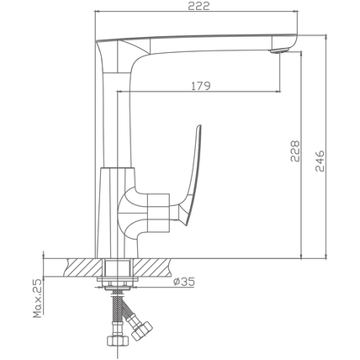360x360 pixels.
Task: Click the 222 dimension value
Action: [199, 6]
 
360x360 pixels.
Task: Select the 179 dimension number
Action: [201, 86]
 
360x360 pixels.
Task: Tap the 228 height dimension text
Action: [295, 151]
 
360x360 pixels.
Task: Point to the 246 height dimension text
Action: [320, 161]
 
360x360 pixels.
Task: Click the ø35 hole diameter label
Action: [184, 282]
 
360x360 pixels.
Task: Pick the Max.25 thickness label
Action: [37, 299]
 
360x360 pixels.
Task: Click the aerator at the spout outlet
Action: [278, 50]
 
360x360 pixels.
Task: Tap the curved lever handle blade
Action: [192, 174]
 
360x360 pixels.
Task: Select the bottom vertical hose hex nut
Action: [118, 340]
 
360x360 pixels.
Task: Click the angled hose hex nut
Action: [142, 331]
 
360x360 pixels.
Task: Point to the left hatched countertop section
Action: [83, 267]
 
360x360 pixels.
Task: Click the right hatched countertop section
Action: [152, 267]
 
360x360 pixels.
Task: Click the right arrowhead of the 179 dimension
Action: [278, 91]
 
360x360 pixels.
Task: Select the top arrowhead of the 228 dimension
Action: [301, 55]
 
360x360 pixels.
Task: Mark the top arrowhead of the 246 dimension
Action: [326, 38]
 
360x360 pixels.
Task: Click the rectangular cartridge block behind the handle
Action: [159, 213]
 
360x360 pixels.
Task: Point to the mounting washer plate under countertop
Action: [118, 279]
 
